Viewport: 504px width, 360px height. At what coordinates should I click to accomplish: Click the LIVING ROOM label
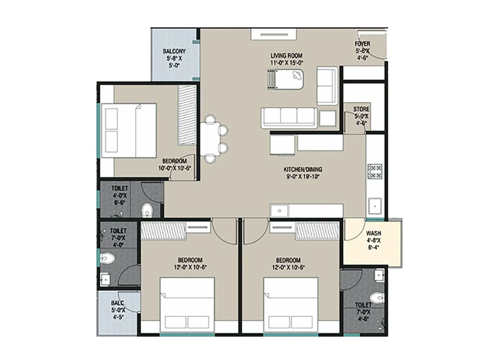click(x=287, y=59)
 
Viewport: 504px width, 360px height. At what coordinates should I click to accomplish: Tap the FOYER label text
click(x=363, y=50)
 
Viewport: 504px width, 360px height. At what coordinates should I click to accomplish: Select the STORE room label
click(x=361, y=116)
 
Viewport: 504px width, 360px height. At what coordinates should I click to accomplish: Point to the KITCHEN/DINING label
click(x=303, y=173)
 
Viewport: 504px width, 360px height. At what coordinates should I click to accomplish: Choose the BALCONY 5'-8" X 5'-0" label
click(x=174, y=58)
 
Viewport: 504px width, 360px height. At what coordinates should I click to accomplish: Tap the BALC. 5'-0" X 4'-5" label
click(x=118, y=310)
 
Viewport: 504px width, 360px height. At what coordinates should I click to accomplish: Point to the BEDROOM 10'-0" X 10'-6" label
click(x=174, y=165)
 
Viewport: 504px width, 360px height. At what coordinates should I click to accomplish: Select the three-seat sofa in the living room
click(x=289, y=117)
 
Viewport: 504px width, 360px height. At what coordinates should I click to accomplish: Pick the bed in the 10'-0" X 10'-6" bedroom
click(x=129, y=131)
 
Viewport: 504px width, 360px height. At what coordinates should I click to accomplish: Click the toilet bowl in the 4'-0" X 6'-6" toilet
click(x=147, y=210)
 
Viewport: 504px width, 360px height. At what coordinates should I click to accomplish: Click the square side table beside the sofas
click(x=328, y=118)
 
